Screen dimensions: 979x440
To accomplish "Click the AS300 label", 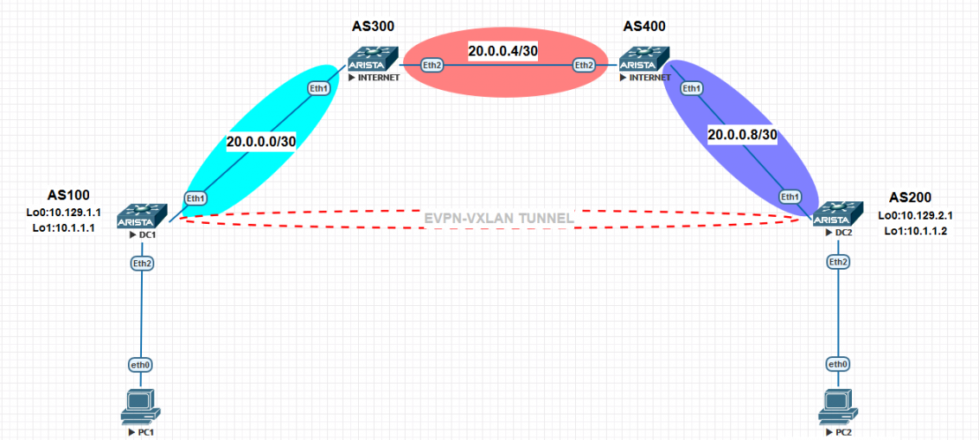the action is [374, 27].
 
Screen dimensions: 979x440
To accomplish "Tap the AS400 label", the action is [645, 27].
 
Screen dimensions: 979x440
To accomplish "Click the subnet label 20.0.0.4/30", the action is [503, 52].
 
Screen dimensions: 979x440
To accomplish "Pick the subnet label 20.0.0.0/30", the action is [261, 143].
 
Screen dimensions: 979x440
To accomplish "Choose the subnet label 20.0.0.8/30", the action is [742, 134].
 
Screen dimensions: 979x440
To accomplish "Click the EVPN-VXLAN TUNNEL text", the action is [499, 219].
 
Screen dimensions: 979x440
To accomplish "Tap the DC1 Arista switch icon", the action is [143, 216].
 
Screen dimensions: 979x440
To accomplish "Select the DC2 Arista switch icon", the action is [839, 214].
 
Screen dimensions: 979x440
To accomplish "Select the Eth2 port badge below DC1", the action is [143, 264].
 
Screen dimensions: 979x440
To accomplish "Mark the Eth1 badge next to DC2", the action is [790, 196].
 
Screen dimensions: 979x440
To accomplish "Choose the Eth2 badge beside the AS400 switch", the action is [584, 64].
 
